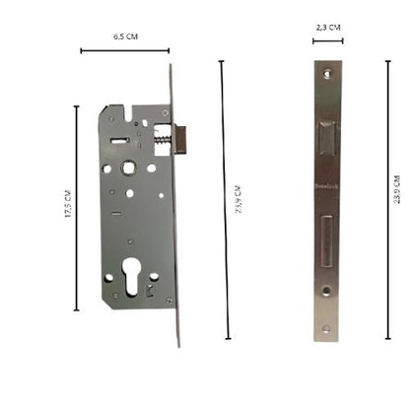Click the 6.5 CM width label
[124, 36]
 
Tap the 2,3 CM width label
[328, 29]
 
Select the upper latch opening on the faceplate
[325, 139]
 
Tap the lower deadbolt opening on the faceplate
[325, 241]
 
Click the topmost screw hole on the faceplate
[324, 73]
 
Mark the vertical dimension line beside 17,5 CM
[77, 208]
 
